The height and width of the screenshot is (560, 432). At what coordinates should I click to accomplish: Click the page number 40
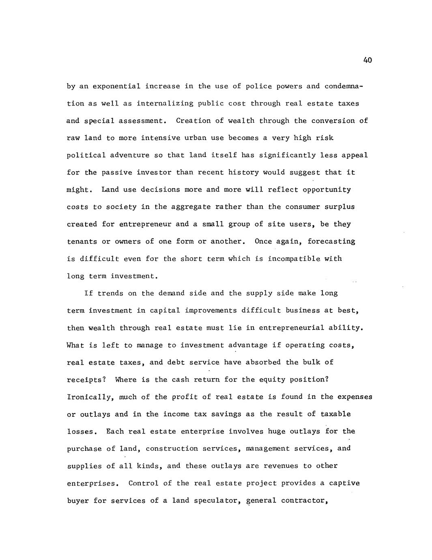coord(368,60)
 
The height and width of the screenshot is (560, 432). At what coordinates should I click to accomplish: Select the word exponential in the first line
coord(116,86)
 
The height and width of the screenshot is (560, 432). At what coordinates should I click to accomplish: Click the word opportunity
coord(327,190)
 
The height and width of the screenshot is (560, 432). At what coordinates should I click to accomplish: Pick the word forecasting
coord(331,241)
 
